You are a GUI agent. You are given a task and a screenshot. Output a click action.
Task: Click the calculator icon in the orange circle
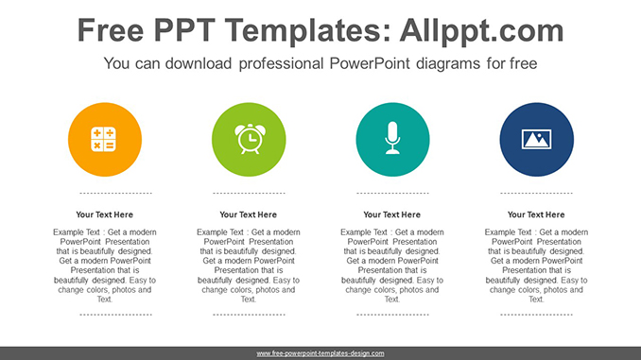104,139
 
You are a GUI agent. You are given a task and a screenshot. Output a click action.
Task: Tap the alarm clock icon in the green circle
249,139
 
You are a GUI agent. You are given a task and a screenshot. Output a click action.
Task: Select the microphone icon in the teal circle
392,139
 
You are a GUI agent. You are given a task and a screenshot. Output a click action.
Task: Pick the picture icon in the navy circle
536,139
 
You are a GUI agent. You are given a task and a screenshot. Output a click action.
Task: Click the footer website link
320,353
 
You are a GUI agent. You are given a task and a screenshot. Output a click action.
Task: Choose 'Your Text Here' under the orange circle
104,214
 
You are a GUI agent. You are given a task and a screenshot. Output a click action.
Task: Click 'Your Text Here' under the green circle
249,214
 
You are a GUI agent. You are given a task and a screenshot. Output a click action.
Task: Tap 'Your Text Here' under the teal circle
392,214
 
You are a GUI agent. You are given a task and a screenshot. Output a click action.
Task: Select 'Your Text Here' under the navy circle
536,214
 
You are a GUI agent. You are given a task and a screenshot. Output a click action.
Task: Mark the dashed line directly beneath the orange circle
104,193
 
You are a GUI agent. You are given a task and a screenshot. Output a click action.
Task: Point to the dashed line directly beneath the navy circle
536,193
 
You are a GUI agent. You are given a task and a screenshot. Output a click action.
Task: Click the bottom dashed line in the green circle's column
249,314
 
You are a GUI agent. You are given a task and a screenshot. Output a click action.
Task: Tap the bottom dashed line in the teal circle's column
392,314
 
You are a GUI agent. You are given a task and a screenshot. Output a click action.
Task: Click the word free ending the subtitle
523,64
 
